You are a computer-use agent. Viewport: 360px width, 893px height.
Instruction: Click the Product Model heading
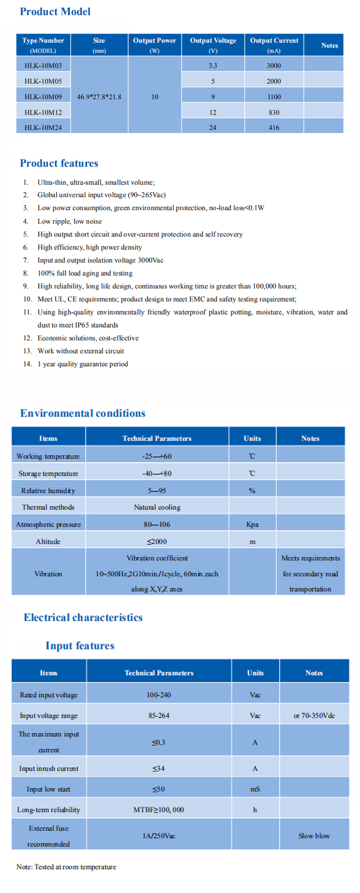point(55,12)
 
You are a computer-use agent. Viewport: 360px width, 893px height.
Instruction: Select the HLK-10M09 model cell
point(43,97)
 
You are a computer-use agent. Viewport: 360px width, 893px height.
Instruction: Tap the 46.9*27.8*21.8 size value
point(99,97)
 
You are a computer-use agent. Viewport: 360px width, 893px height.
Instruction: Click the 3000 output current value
point(274,66)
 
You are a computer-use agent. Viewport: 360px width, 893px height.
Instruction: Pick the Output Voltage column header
point(213,45)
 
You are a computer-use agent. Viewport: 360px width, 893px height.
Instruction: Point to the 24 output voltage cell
point(213,128)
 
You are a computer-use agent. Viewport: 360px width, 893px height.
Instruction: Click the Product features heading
point(59,163)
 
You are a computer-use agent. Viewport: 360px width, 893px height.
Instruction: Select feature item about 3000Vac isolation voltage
point(100,260)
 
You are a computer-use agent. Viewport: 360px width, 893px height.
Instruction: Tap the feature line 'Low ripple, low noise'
point(69,221)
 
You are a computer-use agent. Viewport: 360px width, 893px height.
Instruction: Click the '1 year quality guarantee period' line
point(83,364)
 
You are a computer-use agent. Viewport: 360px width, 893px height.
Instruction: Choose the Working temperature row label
point(48,456)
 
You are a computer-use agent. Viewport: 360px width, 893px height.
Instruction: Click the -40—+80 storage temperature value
point(157,474)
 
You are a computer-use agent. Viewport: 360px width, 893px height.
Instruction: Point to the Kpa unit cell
point(252,524)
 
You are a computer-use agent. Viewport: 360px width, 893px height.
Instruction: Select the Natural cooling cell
point(157,507)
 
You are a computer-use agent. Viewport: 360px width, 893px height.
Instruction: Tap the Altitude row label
point(48,541)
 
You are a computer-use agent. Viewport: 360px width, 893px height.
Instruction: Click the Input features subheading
point(80,646)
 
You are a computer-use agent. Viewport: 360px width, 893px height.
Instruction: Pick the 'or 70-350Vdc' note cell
point(314,716)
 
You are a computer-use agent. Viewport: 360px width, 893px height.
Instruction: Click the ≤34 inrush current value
point(158,768)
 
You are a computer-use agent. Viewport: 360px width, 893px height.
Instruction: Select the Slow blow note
point(314,836)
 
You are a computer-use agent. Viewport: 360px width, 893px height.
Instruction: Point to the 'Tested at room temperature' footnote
point(66,867)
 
